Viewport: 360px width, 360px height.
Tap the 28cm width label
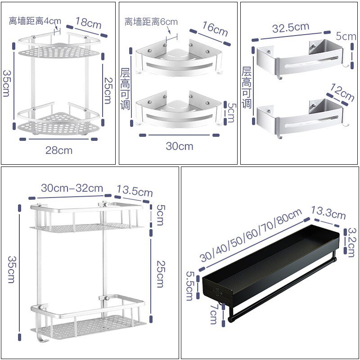tap(58, 150)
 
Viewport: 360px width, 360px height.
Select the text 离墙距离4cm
tap(35, 21)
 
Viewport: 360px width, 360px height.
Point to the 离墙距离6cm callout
tap(151, 22)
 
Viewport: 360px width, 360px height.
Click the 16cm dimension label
tap(215, 28)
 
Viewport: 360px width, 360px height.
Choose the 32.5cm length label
tap(291, 27)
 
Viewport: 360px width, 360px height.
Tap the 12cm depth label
tap(342, 92)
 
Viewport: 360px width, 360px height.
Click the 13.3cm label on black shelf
tap(328, 213)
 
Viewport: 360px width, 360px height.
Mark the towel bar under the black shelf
tap(279, 288)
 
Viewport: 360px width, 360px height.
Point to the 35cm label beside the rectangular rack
tap(12, 270)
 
